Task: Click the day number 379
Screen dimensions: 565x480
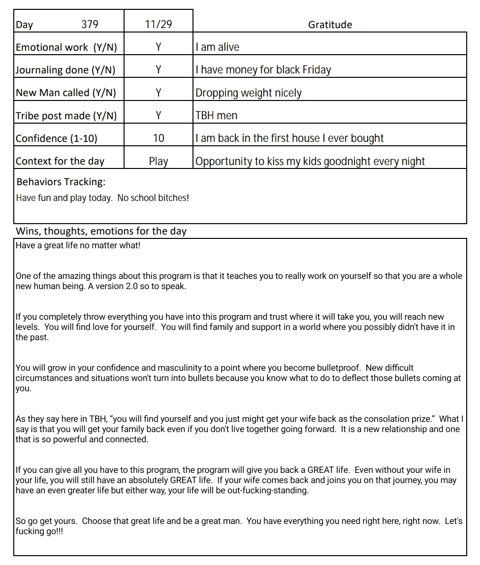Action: tap(90, 24)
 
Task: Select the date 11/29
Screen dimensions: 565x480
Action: tap(159, 24)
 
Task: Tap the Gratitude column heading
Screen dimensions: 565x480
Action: tap(330, 25)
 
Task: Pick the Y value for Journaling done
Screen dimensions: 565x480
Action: tap(159, 70)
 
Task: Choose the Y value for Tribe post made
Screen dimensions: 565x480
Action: tap(159, 115)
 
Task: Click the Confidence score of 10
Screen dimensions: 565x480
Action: tap(159, 138)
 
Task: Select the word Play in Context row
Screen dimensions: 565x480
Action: tap(159, 161)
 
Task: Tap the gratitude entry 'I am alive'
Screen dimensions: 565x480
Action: tap(218, 47)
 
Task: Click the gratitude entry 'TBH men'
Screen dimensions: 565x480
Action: tap(217, 116)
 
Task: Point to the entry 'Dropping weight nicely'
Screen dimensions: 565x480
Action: tap(249, 93)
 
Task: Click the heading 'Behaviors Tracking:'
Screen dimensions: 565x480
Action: tap(61, 182)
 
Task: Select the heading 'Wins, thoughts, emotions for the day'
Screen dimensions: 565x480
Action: tap(101, 231)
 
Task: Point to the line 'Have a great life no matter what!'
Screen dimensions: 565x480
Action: tap(78, 245)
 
